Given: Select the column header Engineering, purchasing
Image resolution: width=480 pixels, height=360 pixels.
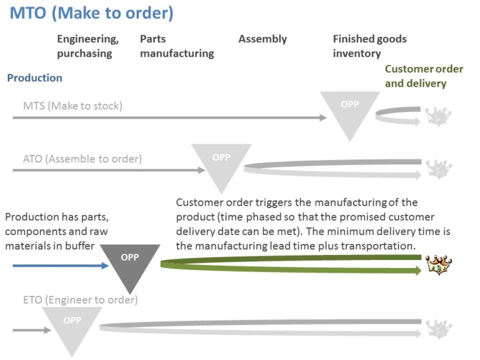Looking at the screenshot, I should click(87, 46).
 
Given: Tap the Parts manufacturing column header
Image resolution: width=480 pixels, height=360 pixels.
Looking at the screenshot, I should click(177, 46).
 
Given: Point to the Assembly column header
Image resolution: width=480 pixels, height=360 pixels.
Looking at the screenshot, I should click(262, 39).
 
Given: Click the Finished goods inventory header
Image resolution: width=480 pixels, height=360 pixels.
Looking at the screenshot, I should click(369, 46).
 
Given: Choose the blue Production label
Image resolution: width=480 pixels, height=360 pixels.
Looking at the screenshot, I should click(34, 78).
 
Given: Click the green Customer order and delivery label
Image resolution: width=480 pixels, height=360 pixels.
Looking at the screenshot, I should click(416, 76).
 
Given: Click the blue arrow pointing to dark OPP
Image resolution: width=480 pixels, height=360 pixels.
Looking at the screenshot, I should click(61, 266).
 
